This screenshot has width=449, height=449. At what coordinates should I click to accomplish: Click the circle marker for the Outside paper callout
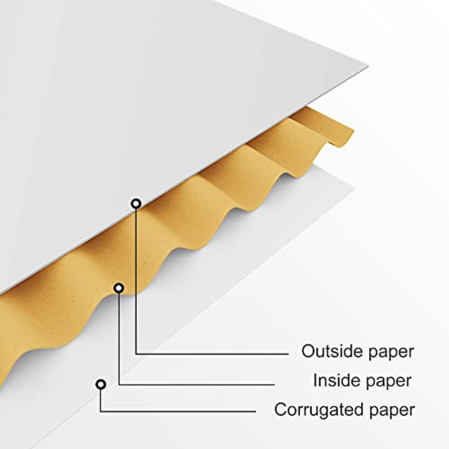point(136,204)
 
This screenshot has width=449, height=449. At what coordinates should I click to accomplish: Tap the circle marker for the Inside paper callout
point(119,288)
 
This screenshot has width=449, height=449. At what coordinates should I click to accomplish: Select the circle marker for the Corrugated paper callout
point(101,384)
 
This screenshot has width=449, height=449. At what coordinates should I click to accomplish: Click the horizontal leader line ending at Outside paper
point(213,353)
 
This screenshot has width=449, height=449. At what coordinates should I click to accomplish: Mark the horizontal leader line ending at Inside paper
point(198,384)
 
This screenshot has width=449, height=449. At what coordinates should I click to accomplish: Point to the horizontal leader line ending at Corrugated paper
point(180,412)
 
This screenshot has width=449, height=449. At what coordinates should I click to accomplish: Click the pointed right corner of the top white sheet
point(367,67)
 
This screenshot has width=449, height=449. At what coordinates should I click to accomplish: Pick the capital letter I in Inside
point(315,381)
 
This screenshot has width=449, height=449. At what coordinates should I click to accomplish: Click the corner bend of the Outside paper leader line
point(136,353)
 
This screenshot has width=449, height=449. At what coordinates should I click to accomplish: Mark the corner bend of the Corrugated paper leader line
point(101,412)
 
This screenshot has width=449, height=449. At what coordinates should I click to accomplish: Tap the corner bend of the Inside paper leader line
point(119,384)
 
